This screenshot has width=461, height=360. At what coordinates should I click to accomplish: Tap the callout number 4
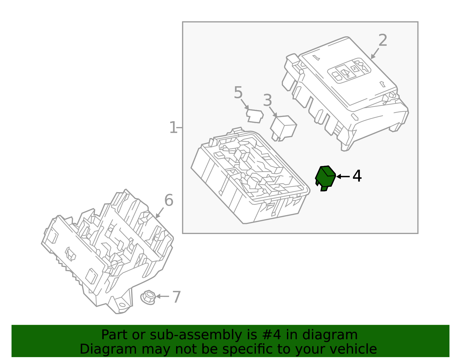[x=357, y=176]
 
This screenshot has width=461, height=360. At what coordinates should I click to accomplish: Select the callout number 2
[x=383, y=40]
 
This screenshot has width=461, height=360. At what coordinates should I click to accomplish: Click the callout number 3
[x=267, y=101]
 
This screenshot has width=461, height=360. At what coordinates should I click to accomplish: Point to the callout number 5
[x=238, y=93]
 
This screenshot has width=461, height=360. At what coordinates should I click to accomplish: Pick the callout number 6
[x=169, y=200]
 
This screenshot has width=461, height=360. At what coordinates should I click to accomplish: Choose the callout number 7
[x=176, y=297]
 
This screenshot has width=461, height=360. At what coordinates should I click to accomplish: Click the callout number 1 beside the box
[x=173, y=128]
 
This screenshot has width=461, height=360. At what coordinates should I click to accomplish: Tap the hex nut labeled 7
[x=148, y=297]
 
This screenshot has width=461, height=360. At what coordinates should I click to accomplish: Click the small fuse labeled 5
[x=255, y=116]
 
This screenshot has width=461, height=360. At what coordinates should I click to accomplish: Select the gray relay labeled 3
[x=283, y=127]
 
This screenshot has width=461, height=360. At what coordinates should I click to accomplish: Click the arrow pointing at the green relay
[x=343, y=176]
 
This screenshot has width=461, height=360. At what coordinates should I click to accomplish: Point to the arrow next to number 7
[x=163, y=296]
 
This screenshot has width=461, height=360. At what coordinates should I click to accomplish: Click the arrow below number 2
[x=375, y=54]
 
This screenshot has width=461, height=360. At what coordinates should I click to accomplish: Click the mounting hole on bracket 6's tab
[x=122, y=305]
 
